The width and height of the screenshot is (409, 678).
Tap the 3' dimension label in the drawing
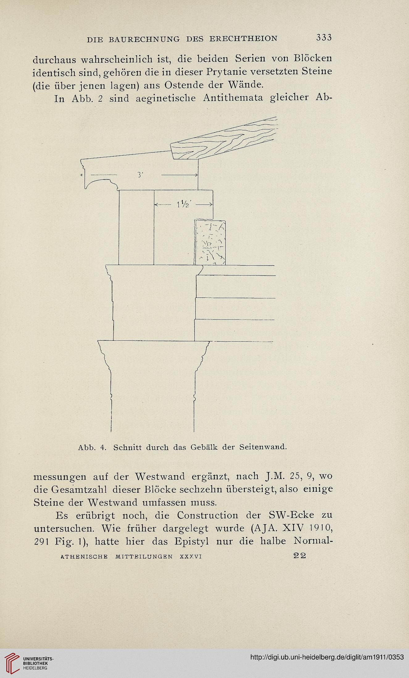tap(140, 175)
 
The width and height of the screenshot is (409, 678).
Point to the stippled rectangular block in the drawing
tap(210, 242)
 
